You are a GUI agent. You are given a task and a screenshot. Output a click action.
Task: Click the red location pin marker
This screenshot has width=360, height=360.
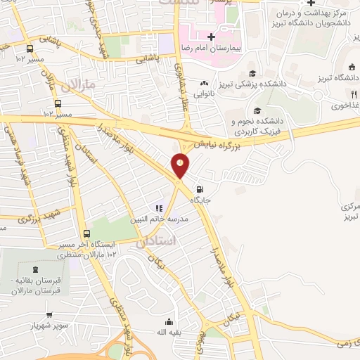181,165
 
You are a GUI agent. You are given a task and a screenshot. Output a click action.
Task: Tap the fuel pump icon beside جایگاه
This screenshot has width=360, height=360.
201,188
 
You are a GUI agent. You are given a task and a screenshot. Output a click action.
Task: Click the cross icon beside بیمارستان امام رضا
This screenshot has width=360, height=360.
211,36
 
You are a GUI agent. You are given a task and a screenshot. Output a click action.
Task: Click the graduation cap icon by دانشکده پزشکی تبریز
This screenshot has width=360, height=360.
252,73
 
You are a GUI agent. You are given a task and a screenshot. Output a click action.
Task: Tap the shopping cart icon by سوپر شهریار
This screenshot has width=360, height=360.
50,314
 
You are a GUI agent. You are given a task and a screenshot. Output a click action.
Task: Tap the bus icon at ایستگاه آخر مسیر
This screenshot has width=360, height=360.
86,234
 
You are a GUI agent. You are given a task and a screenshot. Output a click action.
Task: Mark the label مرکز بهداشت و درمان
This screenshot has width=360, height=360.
309,14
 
